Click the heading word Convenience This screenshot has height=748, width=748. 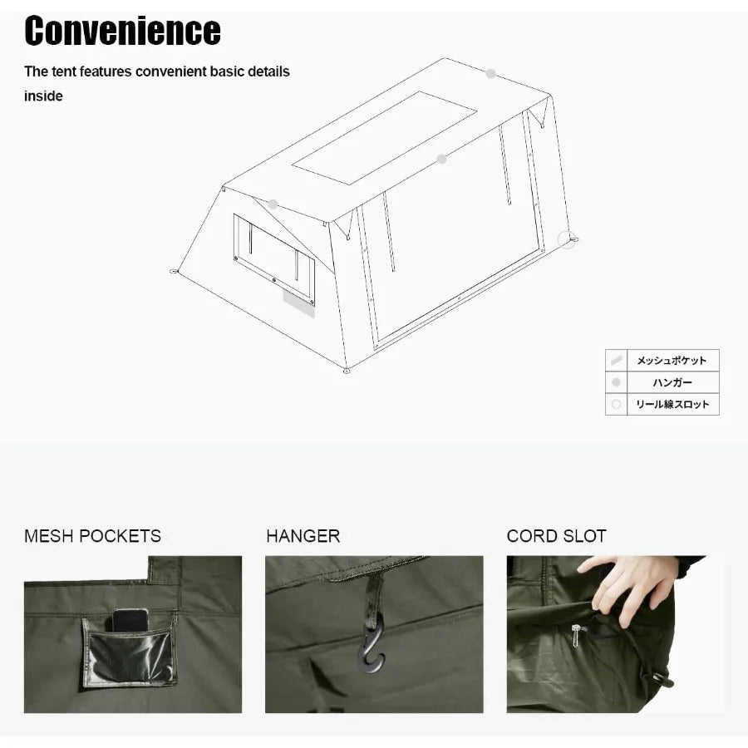122,32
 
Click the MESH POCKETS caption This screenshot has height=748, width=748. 92,536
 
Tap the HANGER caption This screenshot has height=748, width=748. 303,536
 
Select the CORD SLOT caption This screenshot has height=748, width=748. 556,536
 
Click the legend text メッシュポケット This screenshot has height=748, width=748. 672,361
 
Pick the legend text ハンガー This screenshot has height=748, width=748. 672,383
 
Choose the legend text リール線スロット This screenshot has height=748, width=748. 672,405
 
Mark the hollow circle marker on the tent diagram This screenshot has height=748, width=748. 568,239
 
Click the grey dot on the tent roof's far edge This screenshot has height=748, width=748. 491,74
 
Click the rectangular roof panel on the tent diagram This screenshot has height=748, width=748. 385,137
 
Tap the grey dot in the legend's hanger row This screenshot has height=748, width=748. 616,383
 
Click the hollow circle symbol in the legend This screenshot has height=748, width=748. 616,405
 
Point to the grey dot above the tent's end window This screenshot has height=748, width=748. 273,204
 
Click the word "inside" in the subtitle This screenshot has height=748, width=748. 43,96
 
